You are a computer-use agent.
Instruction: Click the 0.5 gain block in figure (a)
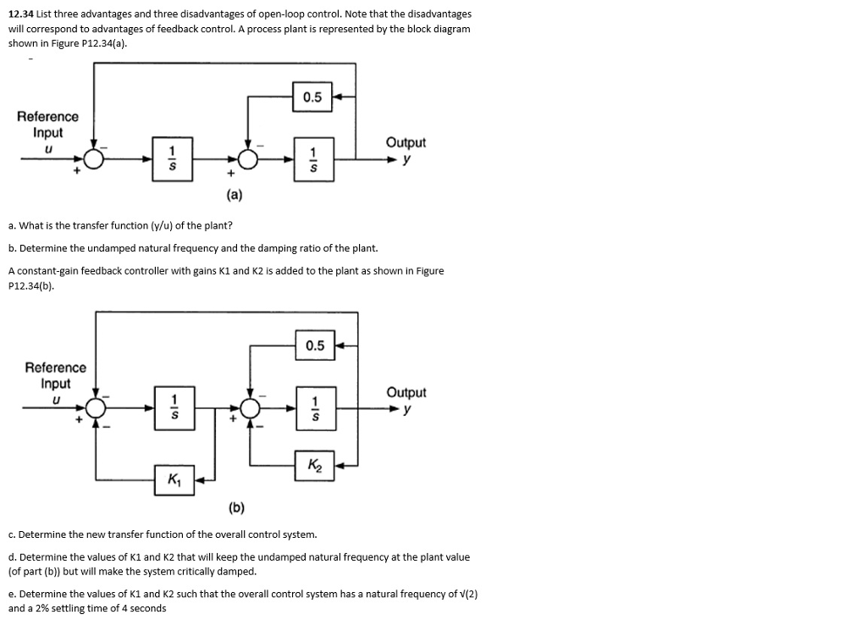click(x=312, y=97)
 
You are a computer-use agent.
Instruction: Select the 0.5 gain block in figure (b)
click(x=315, y=346)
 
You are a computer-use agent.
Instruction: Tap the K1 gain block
click(x=174, y=480)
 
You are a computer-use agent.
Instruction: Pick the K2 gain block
click(x=315, y=465)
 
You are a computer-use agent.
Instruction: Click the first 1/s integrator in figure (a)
click(x=173, y=158)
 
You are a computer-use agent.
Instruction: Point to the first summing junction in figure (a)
click(x=94, y=158)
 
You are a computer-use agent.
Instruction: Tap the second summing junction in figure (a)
click(x=247, y=158)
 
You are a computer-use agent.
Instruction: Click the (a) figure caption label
click(x=235, y=196)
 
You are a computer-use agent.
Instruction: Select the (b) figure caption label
click(x=236, y=508)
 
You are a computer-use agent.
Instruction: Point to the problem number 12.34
click(x=21, y=14)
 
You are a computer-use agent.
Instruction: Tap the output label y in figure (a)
click(x=407, y=159)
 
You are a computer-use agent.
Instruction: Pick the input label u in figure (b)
click(x=56, y=400)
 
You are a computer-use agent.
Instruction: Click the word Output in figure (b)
click(x=406, y=392)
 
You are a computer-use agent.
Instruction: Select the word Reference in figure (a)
click(x=47, y=117)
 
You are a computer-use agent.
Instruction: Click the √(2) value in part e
click(x=466, y=594)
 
